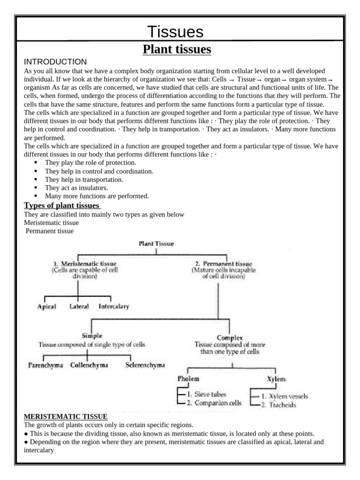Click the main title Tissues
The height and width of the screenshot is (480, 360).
pyautogui.click(x=175, y=32)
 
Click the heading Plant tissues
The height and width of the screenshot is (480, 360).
pyautogui.click(x=177, y=49)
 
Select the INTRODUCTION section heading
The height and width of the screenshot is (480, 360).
pyautogui.click(x=55, y=62)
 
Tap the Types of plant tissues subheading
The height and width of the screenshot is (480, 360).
pyautogui.click(x=61, y=206)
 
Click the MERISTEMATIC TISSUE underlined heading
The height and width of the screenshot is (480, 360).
pyautogui.click(x=66, y=416)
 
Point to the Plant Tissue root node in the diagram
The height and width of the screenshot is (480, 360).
pyautogui.click(x=156, y=243)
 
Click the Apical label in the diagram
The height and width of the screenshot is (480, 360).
pyautogui.click(x=46, y=307)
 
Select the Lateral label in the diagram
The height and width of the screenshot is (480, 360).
pyautogui.click(x=78, y=307)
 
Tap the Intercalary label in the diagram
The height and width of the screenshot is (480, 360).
pyautogui.click(x=113, y=307)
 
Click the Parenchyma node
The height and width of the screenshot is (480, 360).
pyautogui.click(x=45, y=365)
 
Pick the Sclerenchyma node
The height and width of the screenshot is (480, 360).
pyautogui.click(x=145, y=365)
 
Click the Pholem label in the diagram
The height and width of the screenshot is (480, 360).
pyautogui.click(x=188, y=378)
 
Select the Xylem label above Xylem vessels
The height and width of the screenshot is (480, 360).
pyautogui.click(x=276, y=379)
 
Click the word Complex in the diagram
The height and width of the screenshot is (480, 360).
pyautogui.click(x=229, y=337)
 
